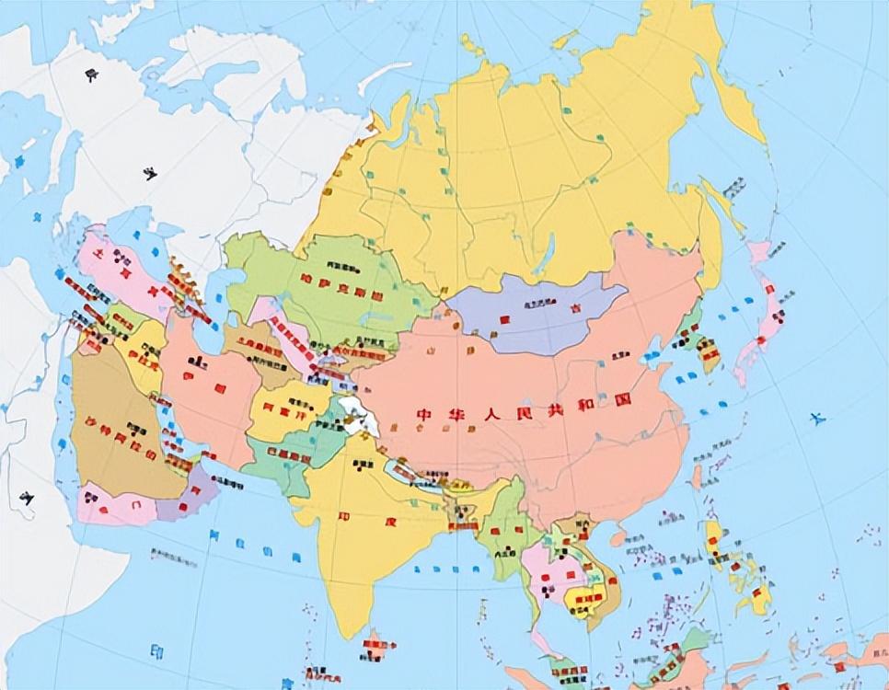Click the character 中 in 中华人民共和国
click(425, 413)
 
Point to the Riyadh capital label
click(138, 427)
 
